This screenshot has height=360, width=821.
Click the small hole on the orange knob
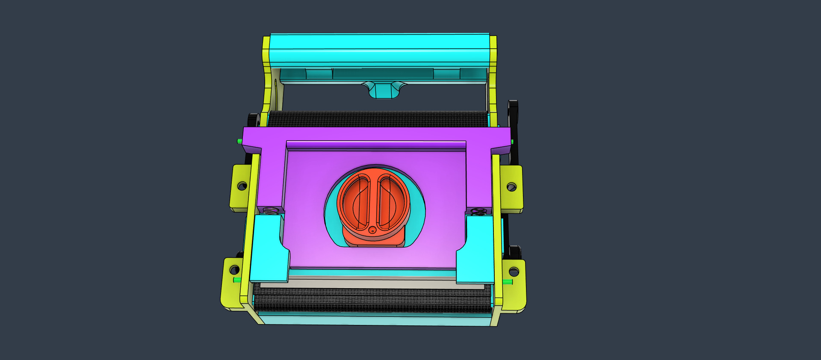372,230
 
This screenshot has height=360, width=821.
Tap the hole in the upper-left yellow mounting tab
242,186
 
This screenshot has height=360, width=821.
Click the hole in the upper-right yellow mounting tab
511,187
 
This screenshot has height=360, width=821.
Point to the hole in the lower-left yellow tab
234,270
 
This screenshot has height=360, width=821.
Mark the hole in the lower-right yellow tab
514,271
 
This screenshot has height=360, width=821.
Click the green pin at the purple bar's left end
239,141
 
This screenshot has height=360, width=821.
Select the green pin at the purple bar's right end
512,142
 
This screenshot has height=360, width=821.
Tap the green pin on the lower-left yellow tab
236,280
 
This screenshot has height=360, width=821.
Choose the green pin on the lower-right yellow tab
508,282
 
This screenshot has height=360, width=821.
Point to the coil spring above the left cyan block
270,211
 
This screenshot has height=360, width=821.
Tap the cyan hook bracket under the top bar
384,90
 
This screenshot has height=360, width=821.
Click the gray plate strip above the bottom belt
372,283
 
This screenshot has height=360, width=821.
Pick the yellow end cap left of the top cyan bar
266,51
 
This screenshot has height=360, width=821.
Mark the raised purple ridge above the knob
376,145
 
